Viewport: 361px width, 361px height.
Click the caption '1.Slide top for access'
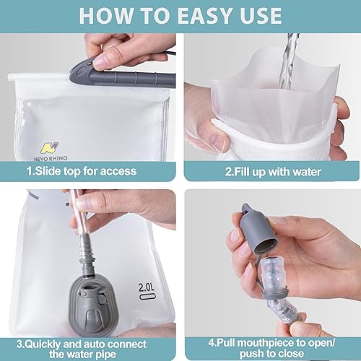point(90,173)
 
